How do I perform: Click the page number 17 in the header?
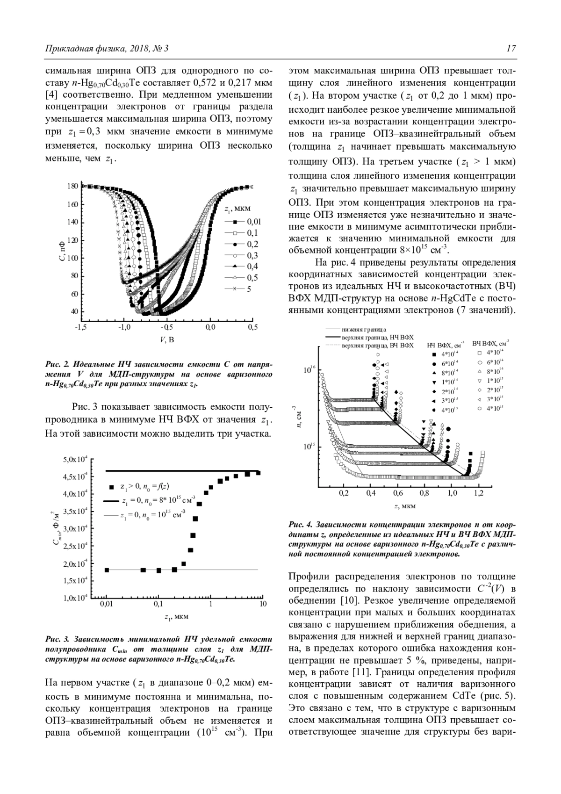click(x=511, y=49)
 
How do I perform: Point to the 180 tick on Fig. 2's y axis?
click(x=72, y=186)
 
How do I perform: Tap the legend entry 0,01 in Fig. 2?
click(x=254, y=222)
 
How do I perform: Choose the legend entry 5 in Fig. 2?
click(x=249, y=289)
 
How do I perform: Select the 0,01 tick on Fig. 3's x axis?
click(x=107, y=604)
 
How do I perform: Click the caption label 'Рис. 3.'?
click(x=58, y=639)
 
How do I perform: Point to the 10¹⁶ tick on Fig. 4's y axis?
click(x=310, y=370)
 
